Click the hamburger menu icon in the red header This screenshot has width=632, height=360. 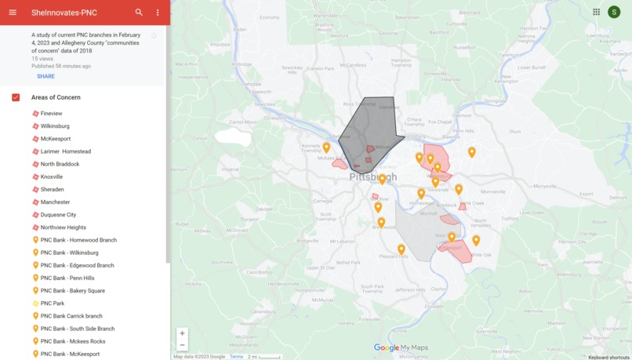coord(13,13)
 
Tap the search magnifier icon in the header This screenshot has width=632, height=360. coord(139,13)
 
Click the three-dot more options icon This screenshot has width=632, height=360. coord(158,13)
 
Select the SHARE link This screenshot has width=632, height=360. coord(45,76)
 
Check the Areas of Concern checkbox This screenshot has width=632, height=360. coord(16,97)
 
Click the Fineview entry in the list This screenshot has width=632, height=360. coord(51,114)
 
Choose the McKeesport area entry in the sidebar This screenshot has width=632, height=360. coord(55,139)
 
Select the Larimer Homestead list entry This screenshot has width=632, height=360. coord(65,151)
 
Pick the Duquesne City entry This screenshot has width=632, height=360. coord(58,215)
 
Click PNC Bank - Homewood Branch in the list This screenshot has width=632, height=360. coord(78,240)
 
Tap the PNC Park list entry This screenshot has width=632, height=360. coord(52,304)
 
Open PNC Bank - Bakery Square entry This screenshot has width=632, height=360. coord(72,291)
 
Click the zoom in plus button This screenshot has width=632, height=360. coord(182,333)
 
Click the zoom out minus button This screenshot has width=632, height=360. coord(182,345)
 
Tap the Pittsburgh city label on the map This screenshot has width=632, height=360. coord(373,177)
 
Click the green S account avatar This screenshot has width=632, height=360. coord(614,12)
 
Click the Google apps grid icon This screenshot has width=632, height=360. coord(596,12)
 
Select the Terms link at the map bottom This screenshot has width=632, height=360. coord(236,357)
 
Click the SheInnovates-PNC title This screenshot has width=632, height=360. coord(64,13)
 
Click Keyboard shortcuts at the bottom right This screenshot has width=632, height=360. coord(608,357)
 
